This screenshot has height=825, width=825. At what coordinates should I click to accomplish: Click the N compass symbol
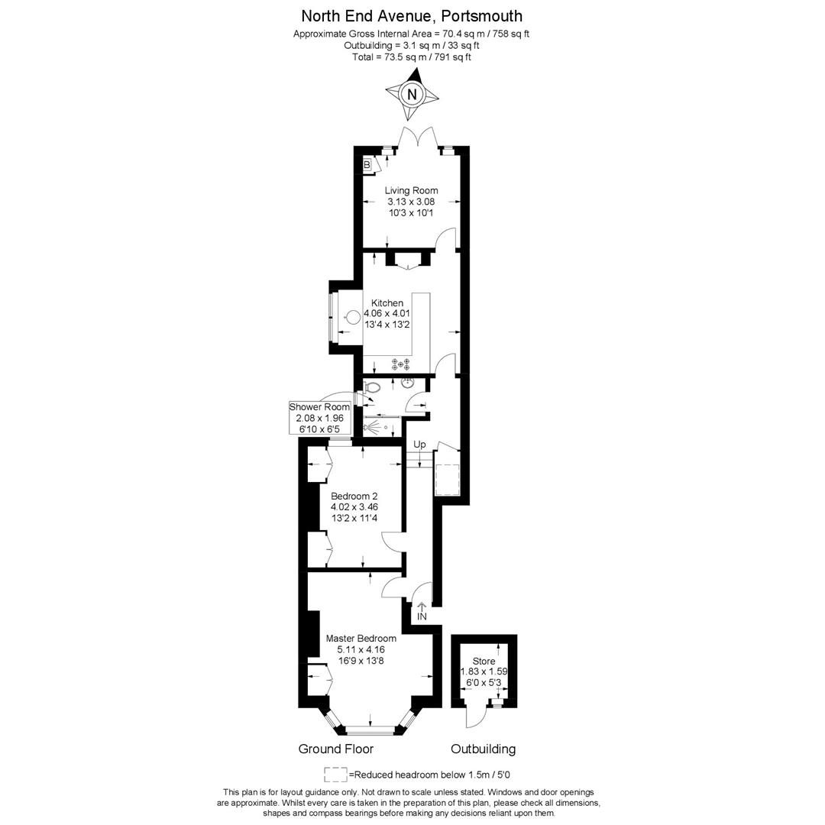pyautogui.click(x=412, y=94)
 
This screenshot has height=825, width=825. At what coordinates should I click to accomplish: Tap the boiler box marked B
pyautogui.click(x=367, y=165)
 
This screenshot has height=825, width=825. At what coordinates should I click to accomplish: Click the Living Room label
pyautogui.click(x=411, y=190)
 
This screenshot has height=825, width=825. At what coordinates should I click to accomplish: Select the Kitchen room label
pyautogui.click(x=387, y=303)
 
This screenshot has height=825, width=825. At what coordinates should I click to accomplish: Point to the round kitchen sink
pyautogui.click(x=354, y=317)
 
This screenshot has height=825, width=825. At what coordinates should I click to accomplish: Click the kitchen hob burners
pyautogui.click(x=401, y=364)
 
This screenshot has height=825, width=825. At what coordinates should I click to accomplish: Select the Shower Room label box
pyautogui.click(x=319, y=418)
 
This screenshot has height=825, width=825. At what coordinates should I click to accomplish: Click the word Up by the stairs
pyautogui.click(x=419, y=445)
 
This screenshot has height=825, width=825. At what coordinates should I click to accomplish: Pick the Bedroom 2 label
pyautogui.click(x=354, y=496)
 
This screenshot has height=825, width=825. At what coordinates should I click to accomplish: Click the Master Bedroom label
pyautogui.click(x=361, y=639)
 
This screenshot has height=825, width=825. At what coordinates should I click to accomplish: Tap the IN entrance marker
pyautogui.click(x=422, y=616)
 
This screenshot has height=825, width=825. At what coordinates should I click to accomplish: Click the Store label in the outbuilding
pyautogui.click(x=484, y=662)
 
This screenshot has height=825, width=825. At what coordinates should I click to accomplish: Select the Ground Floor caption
pyautogui.click(x=336, y=749)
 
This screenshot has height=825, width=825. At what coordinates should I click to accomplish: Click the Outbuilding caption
pyautogui.click(x=483, y=749)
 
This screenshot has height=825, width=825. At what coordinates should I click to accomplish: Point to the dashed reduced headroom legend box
pyautogui.click(x=335, y=774)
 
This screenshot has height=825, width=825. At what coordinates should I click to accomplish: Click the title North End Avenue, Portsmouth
pyautogui.click(x=412, y=16)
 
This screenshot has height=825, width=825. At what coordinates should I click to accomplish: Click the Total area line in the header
pyautogui.click(x=412, y=57)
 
